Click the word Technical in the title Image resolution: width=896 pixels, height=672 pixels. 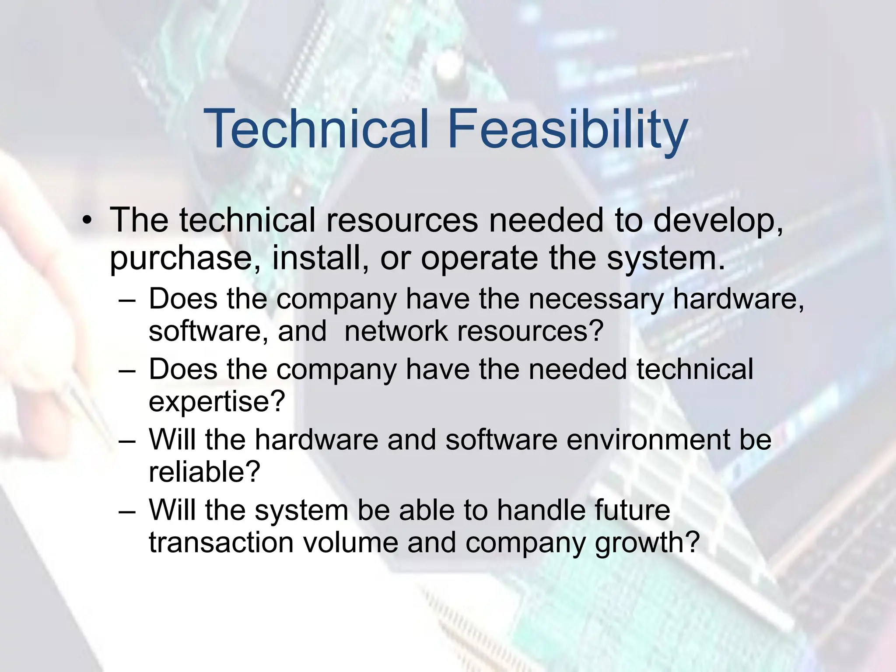pyautogui.click(x=316, y=129)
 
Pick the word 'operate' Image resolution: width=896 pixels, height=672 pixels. pyautogui.click(x=479, y=259)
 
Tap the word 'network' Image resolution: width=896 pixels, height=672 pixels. pyautogui.click(x=396, y=331)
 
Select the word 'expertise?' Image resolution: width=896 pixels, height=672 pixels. pyautogui.click(x=217, y=402)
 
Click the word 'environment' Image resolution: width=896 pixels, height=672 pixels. pyautogui.click(x=647, y=440)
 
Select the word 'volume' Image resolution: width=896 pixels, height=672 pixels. pyautogui.click(x=350, y=542)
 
